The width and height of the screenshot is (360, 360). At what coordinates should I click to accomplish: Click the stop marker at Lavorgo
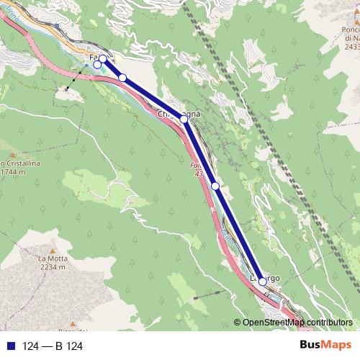coord(263,283)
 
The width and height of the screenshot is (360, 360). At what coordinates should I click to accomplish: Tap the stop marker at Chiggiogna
coord(184,119)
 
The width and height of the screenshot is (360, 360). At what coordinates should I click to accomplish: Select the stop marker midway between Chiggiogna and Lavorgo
coord(215,186)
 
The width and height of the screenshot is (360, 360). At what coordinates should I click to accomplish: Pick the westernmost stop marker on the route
coord(97,65)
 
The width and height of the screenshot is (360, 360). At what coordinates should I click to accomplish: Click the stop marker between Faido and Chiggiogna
coord(122,78)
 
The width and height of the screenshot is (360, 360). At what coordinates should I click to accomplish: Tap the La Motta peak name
coord(53,258)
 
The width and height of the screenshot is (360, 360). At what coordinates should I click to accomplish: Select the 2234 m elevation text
coord(53,267)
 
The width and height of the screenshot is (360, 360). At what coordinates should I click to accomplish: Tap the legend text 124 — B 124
coord(53,346)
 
